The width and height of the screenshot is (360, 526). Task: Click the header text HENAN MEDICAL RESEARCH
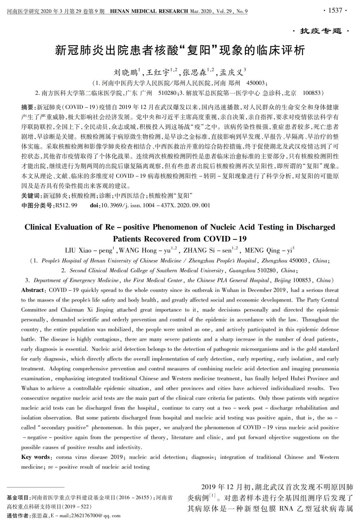(149, 11)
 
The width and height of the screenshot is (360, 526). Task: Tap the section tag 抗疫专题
(321, 31)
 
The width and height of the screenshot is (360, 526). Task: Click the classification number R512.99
(66, 205)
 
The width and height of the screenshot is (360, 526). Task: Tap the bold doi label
(94, 205)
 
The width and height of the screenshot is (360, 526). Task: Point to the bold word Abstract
(32, 290)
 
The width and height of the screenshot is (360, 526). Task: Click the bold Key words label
(36, 457)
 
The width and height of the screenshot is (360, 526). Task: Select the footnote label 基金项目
(18, 498)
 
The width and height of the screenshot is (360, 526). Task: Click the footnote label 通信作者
(18, 516)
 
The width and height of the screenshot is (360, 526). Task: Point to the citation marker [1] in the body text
(212, 496)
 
